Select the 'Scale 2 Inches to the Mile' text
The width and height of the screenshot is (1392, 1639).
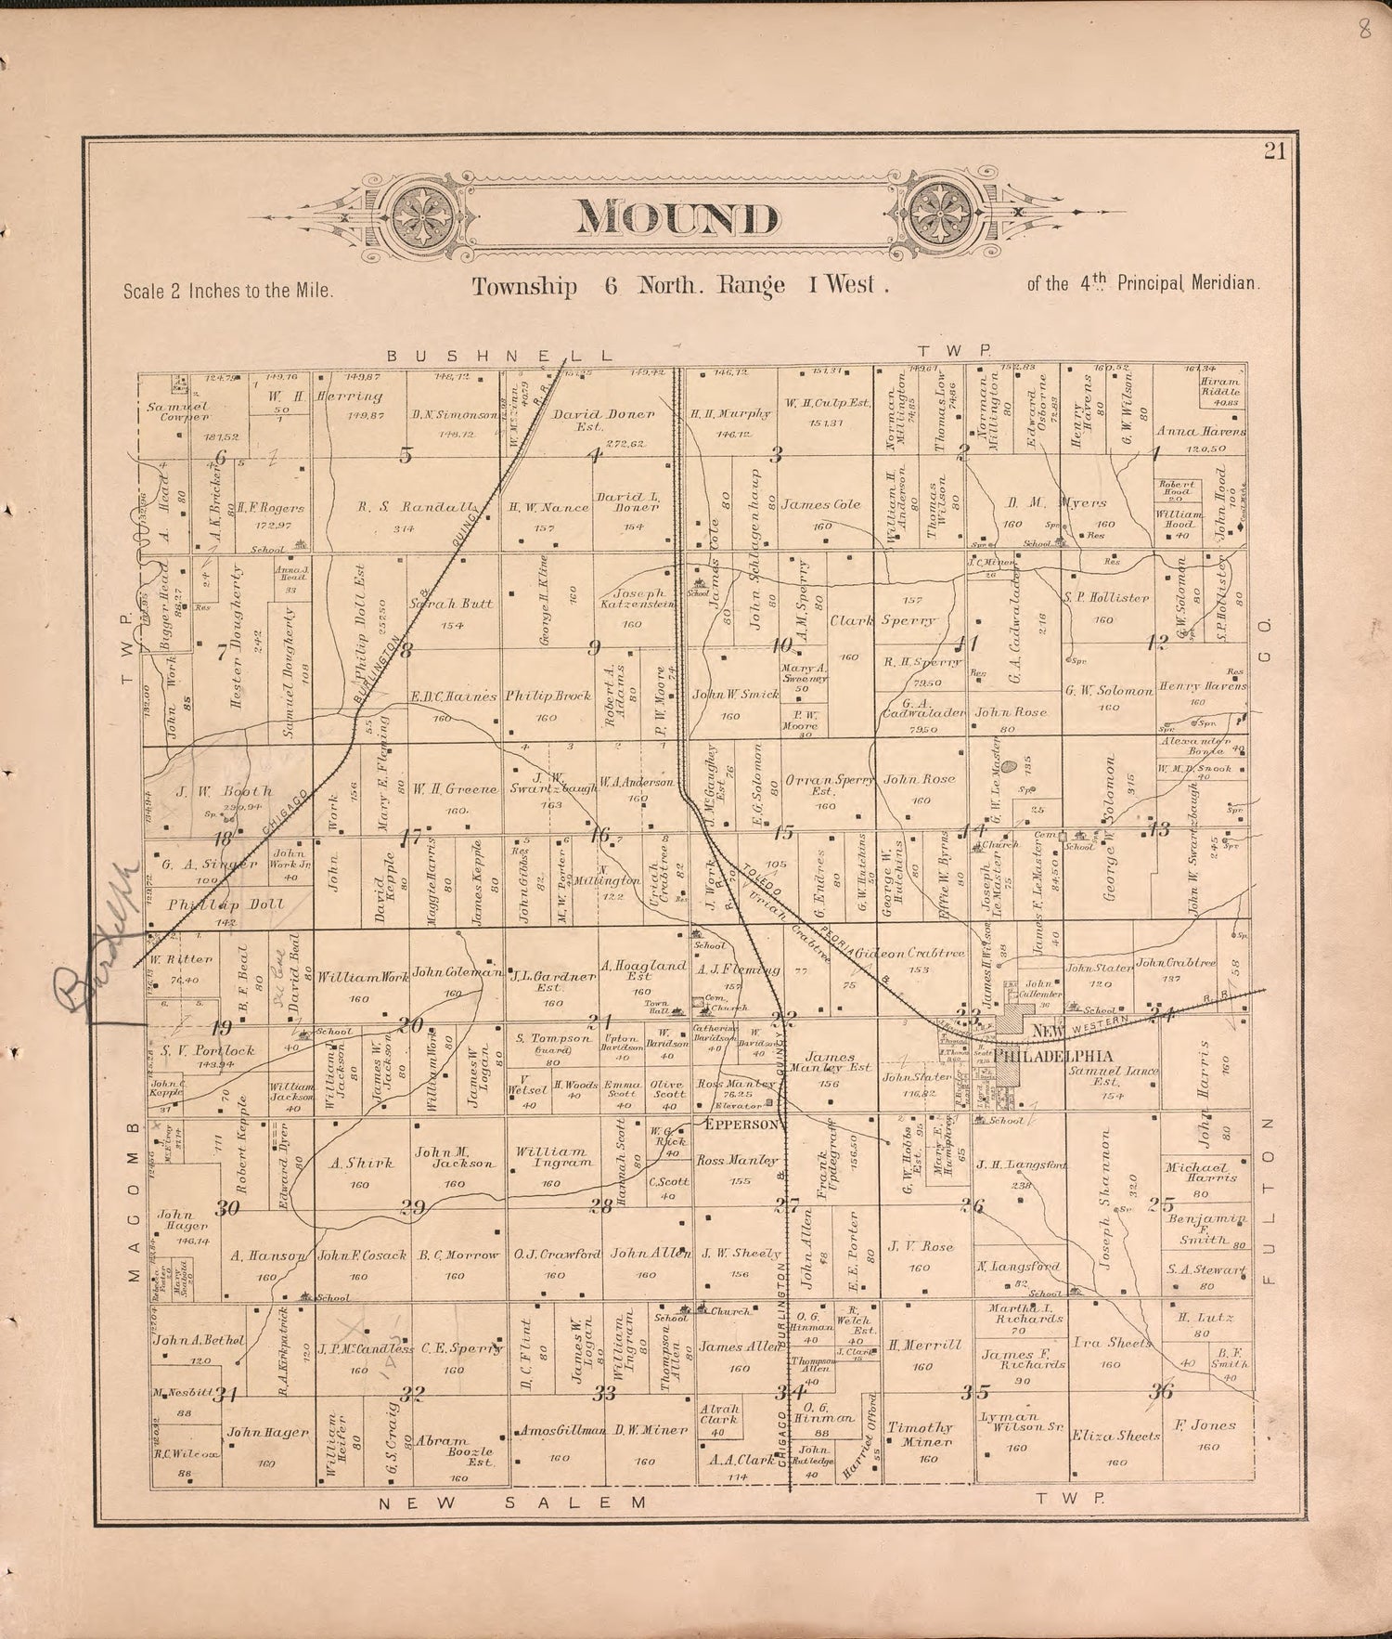(227, 290)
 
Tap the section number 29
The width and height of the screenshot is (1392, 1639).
(411, 1207)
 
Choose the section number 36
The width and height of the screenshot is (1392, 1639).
(1161, 1391)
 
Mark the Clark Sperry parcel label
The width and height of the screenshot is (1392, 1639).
(883, 620)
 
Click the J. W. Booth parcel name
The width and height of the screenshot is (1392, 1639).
(225, 791)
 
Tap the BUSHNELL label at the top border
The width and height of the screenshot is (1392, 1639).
(500, 356)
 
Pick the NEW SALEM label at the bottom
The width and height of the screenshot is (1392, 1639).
(511, 1502)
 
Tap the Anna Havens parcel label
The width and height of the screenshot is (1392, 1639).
(1201, 431)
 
